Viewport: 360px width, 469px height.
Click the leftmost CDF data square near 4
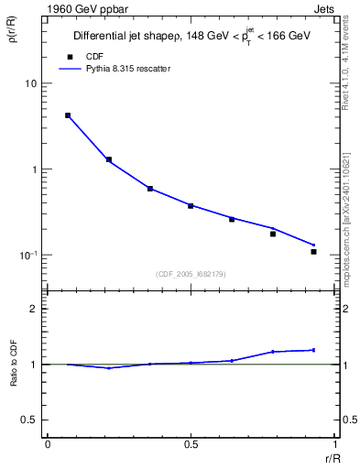tap(68, 115)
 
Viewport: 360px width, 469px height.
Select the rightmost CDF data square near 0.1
tap(313, 251)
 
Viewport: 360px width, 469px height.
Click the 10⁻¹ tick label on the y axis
tap(28, 256)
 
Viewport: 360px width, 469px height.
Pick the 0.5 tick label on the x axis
tap(191, 444)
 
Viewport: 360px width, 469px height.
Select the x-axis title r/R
tap(334, 456)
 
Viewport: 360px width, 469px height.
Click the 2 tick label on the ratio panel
tap(34, 309)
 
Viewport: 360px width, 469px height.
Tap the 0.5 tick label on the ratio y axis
tap(29, 420)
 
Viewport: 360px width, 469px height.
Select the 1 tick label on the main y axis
tap(34, 169)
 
